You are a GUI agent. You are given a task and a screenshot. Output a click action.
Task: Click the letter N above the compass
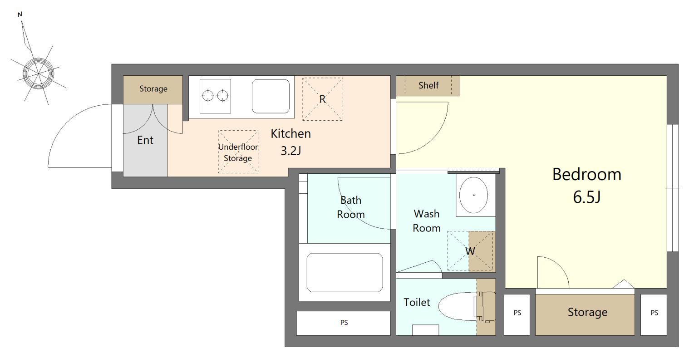tap(20, 15)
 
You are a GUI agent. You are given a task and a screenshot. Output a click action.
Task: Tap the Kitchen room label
tap(290, 134)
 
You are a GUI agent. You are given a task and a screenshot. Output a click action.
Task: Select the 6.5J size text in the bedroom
tap(586, 197)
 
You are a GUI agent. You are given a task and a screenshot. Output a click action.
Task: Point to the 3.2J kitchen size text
tap(290, 151)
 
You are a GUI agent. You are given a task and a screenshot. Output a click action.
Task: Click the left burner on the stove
tap(207, 96)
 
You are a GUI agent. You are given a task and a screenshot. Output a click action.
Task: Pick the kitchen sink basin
tap(271, 96)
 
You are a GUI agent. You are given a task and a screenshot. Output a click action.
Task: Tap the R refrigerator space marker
tap(322, 99)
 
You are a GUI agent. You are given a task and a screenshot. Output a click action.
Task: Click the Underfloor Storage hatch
tap(238, 152)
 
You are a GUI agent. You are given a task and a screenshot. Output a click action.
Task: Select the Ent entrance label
tap(145, 140)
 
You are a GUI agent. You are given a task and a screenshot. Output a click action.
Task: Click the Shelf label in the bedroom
tap(428, 85)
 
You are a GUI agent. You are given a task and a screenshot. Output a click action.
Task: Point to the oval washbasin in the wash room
tap(473, 195)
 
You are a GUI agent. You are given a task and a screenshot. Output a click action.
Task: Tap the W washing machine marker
tap(470, 251)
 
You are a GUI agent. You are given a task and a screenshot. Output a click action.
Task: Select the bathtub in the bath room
tap(345, 273)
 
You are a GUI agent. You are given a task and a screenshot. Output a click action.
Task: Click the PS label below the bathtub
tap(344, 323)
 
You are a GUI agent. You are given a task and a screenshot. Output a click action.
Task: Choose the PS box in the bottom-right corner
tap(654, 315)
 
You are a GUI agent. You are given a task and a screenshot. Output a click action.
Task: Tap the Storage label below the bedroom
tap(587, 312)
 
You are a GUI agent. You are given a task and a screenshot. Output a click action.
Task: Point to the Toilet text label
tap(417, 303)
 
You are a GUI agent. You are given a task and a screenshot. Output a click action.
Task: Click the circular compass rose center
tap(39, 73)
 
